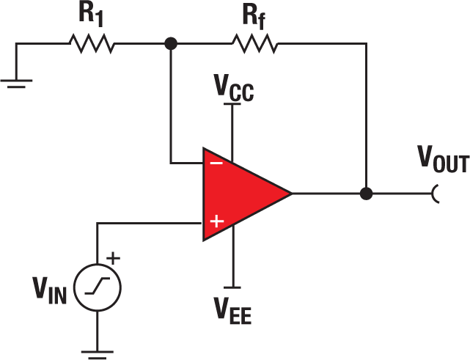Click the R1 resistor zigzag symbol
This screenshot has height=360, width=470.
[92, 45]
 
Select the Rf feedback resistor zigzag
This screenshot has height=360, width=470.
[256, 45]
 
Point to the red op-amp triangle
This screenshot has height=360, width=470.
[242, 194]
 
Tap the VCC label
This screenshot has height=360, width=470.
[234, 88]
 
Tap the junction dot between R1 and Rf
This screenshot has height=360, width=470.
[171, 45]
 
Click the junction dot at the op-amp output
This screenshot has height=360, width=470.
[366, 194]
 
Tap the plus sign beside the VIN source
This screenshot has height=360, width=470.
[114, 258]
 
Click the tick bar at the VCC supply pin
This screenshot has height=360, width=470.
[232, 105]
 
